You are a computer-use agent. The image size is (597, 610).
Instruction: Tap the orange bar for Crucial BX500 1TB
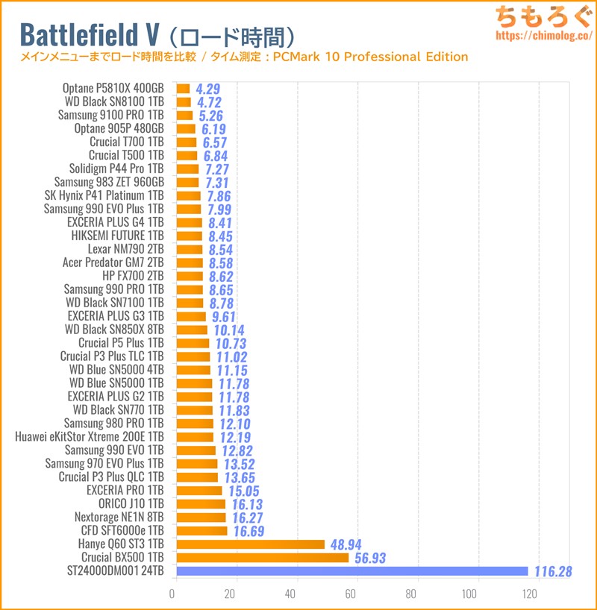click(262, 558)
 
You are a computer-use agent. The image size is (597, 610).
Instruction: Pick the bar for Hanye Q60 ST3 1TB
click(250, 544)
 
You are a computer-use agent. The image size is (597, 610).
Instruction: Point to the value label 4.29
click(210, 89)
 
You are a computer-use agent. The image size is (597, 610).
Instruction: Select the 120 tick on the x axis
click(530, 594)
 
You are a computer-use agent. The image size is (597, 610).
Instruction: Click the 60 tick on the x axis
click(351, 594)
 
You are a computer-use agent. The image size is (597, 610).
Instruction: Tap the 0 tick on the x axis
click(173, 594)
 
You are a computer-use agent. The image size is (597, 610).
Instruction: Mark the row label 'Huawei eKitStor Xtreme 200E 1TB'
click(89, 437)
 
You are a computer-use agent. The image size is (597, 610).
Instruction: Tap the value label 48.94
click(347, 544)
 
